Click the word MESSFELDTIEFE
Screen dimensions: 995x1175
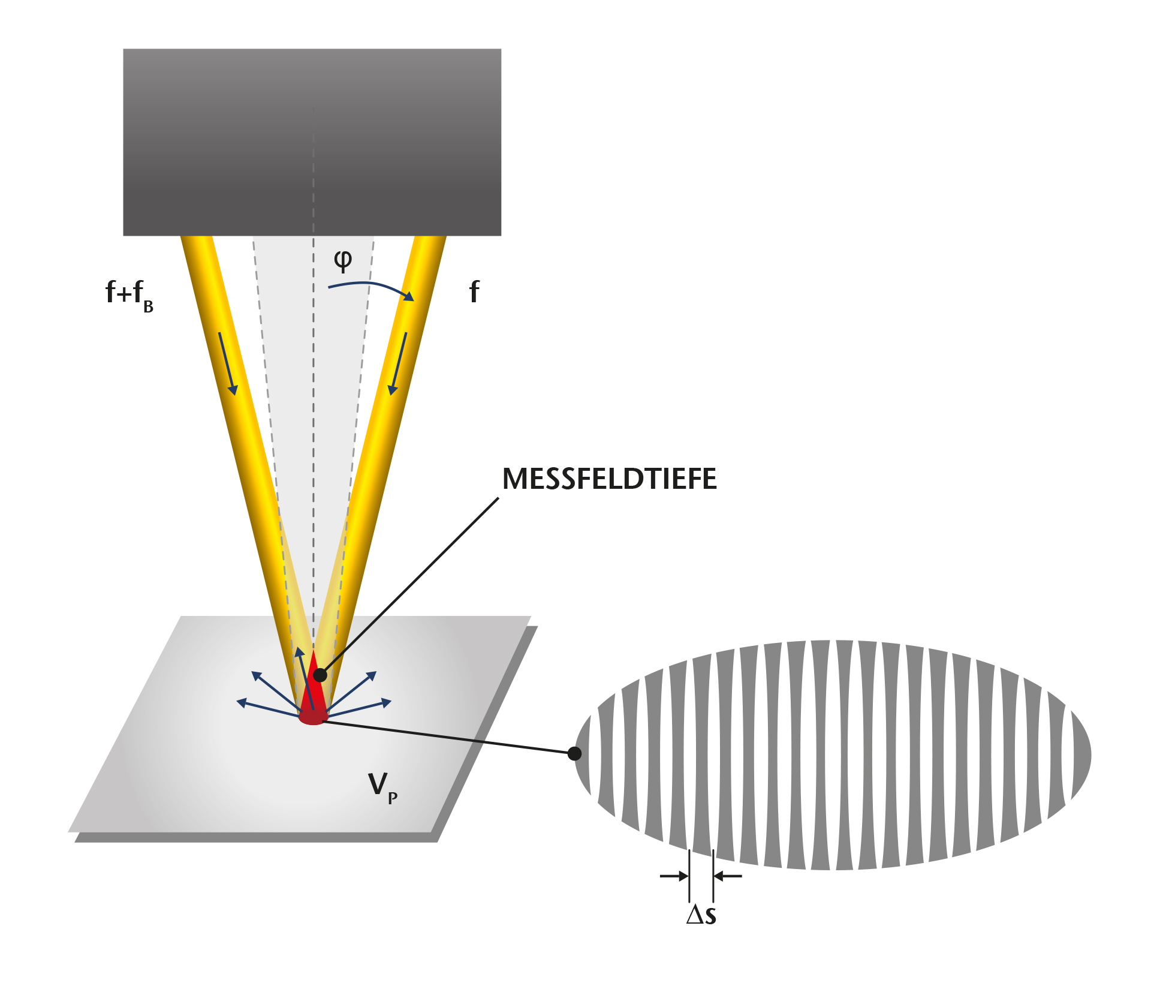[609, 479]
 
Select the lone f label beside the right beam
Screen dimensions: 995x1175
[474, 292]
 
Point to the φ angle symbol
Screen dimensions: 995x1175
[343, 260]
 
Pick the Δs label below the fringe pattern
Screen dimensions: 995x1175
[701, 915]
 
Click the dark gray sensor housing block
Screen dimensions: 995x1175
[312, 142]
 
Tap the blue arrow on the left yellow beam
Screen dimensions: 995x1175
[228, 363]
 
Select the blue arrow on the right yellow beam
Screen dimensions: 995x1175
[399, 363]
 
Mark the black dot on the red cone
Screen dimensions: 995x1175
[320, 675]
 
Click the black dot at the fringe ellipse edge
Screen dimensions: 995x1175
[574, 753]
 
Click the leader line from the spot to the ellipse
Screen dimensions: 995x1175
[447, 737]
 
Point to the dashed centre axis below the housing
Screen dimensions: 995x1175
[313, 420]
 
